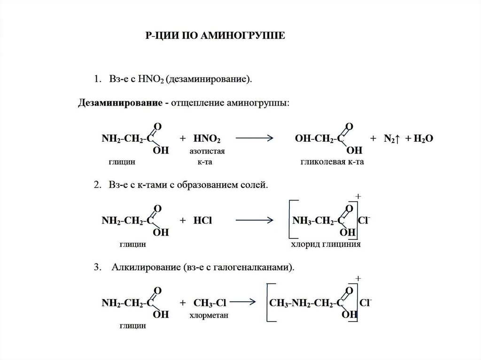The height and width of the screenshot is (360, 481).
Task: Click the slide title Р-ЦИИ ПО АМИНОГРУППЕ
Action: (214, 36)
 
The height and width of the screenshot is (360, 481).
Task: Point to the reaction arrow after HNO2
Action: (254, 138)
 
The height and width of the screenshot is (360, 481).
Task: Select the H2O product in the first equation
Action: (421, 139)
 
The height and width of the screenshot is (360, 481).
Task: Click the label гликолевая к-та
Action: (333, 162)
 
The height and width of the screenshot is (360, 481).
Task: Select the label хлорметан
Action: (209, 315)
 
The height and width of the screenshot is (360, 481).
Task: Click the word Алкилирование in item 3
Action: (143, 268)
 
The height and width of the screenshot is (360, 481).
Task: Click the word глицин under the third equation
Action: (132, 325)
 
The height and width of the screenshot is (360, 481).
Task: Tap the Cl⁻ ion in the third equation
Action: (365, 303)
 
